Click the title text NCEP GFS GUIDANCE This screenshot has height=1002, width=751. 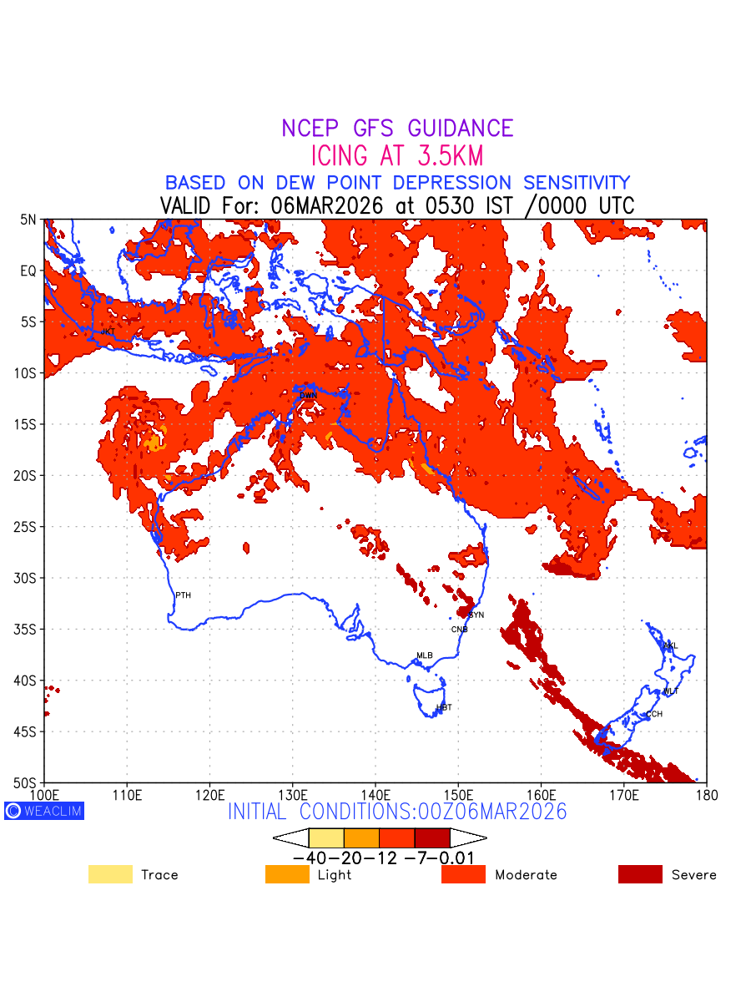click(x=397, y=129)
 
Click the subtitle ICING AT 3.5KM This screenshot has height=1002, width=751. click(x=397, y=155)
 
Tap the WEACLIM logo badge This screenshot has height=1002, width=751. click(x=44, y=811)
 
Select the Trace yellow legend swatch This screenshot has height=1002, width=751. click(x=110, y=874)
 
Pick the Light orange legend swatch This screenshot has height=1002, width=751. click(x=287, y=874)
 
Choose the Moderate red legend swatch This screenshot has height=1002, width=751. click(x=463, y=874)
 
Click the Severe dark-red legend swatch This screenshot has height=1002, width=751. click(x=640, y=874)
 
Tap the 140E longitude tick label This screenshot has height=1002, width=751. click(x=375, y=794)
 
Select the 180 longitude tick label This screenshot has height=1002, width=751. click(x=706, y=794)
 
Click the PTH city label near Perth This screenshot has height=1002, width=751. click(x=183, y=595)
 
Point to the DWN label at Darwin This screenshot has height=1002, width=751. click(x=308, y=395)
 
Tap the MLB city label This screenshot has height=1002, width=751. click(x=425, y=655)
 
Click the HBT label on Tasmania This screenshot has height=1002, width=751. click(x=444, y=707)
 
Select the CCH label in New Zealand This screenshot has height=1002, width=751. click(x=654, y=714)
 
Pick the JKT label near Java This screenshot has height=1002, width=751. click(x=108, y=331)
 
